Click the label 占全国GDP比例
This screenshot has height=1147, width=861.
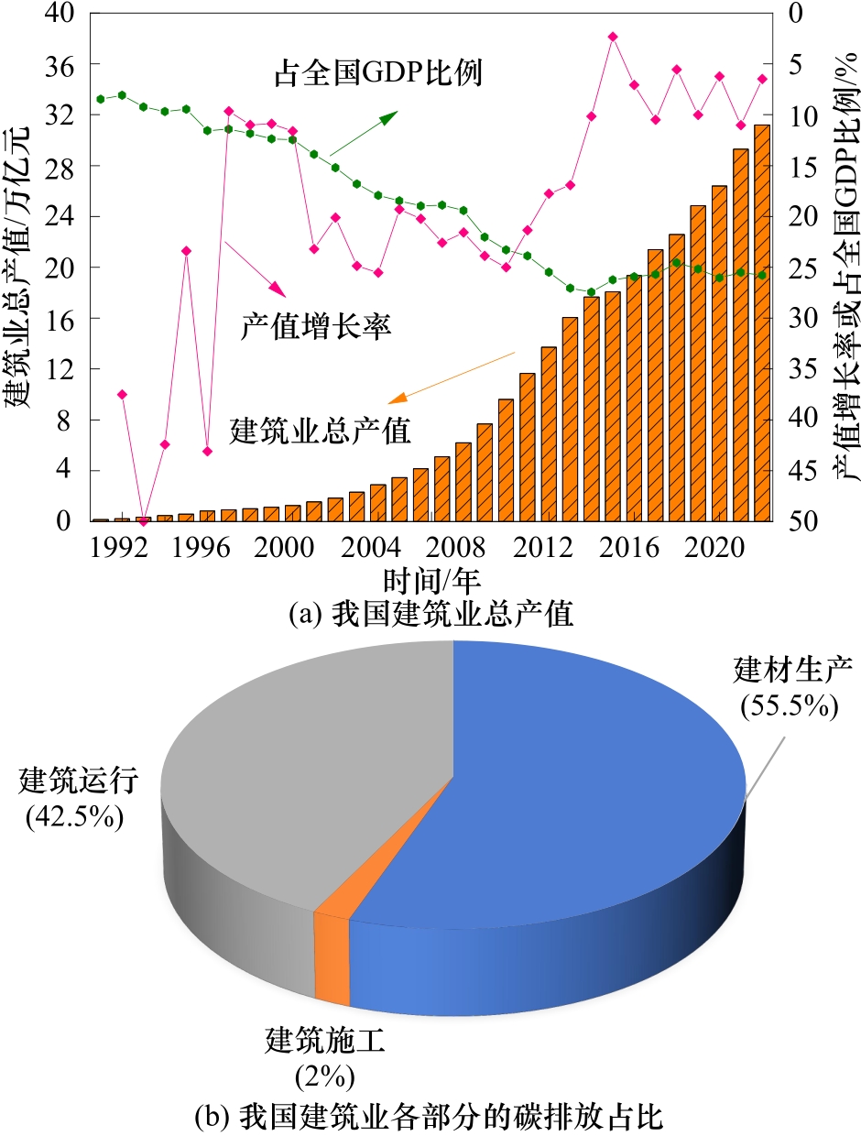(x=377, y=72)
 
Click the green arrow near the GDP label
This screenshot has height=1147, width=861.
(x=365, y=133)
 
